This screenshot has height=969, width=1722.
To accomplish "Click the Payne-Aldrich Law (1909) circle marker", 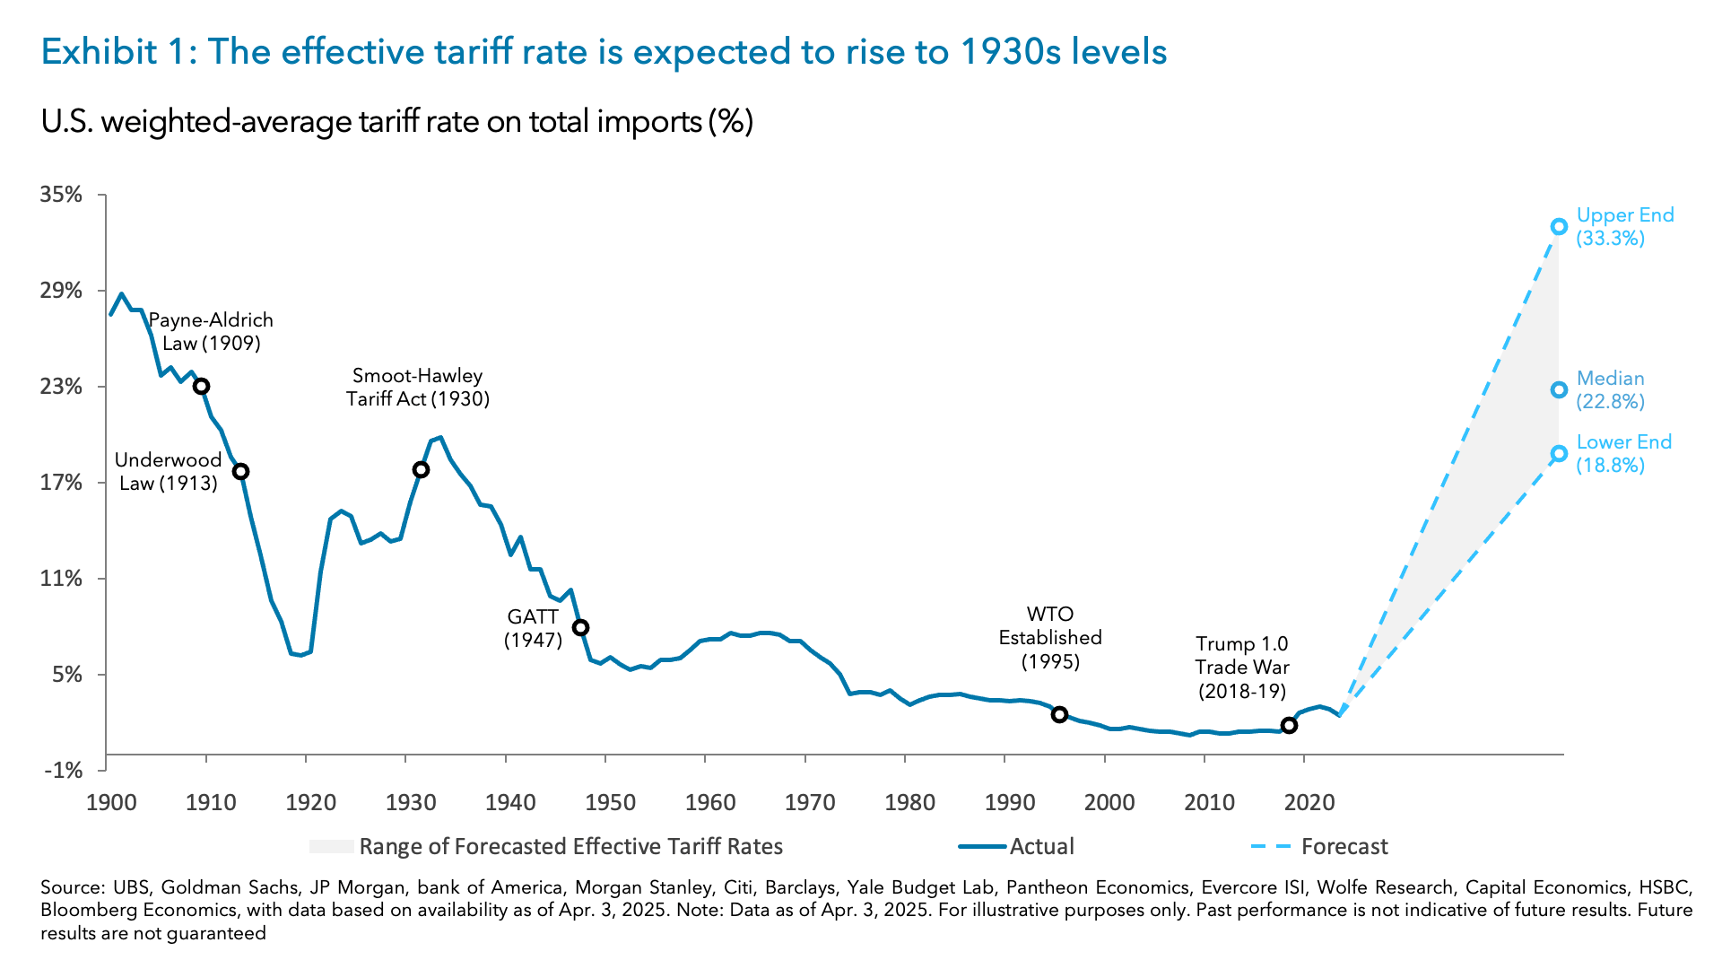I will (x=202, y=386).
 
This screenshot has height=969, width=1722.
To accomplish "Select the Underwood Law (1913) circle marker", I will (x=240, y=471).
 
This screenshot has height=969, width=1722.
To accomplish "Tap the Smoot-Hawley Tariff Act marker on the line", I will (x=421, y=469).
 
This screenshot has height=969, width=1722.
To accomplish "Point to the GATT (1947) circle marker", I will (x=580, y=627).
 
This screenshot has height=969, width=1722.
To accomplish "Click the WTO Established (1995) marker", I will (x=1059, y=714).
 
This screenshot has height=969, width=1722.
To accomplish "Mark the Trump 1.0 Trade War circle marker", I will (x=1289, y=725).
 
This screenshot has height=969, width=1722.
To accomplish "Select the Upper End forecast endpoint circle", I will (x=1559, y=227).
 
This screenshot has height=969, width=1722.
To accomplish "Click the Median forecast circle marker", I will (x=1559, y=389).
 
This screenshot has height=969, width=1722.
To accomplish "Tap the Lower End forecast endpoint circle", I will (x=1559, y=453).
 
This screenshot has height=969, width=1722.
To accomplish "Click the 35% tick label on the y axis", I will (x=61, y=195).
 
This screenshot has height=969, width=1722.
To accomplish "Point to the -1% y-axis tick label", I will (x=63, y=770).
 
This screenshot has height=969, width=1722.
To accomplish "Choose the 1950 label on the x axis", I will (x=610, y=802).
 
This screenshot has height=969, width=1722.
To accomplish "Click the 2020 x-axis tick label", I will (x=1309, y=802).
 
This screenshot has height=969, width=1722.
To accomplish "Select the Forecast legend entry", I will (x=1344, y=846).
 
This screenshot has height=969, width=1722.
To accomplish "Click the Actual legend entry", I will (x=1041, y=846).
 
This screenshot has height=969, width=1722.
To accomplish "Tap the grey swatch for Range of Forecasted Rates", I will (x=332, y=846).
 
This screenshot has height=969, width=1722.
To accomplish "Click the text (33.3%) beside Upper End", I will (x=1610, y=239).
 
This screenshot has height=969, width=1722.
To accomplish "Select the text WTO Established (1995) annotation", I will (x=1050, y=638).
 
